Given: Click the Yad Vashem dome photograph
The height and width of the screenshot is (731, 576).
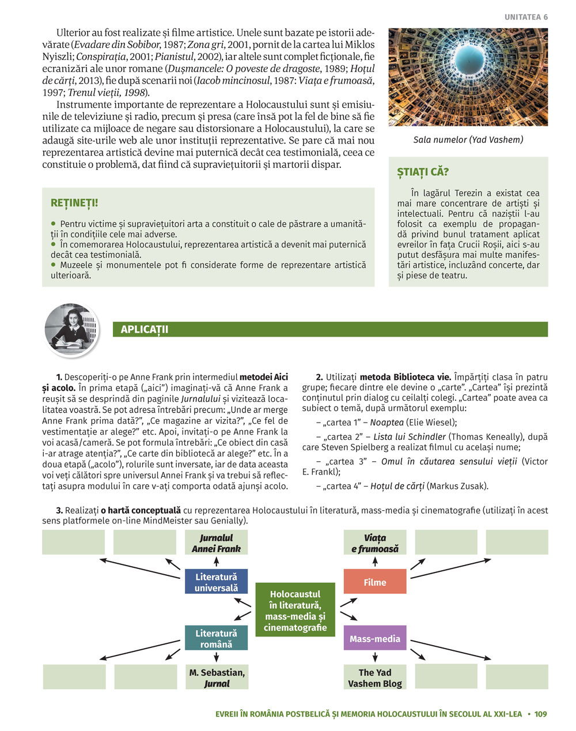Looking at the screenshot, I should pyautogui.click(x=468, y=77).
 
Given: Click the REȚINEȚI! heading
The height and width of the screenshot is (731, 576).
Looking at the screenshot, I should pyautogui.click(x=74, y=203).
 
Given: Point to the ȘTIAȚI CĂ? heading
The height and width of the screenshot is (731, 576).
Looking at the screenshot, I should pyautogui.click(x=423, y=172).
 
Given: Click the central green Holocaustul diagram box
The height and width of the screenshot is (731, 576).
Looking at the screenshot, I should pyautogui.click(x=295, y=611).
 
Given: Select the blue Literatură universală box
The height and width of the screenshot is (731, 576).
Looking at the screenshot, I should pyautogui.click(x=216, y=582).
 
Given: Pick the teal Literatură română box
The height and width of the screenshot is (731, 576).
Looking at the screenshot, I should pyautogui.click(x=216, y=639).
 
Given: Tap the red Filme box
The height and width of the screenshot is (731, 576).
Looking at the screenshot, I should pyautogui.click(x=375, y=582).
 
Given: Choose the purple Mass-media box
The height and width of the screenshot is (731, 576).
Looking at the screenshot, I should pyautogui.click(x=375, y=639).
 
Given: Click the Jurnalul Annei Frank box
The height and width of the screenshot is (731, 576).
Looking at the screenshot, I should pyautogui.click(x=216, y=543).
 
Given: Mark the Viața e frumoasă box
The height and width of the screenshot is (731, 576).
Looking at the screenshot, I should pyautogui.click(x=375, y=543).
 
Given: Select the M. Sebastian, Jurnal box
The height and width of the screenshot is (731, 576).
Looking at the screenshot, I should pyautogui.click(x=217, y=678).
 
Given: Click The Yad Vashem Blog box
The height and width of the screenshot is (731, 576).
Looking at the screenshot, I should pyautogui.click(x=375, y=678).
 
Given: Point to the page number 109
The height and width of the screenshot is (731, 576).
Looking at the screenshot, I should pyautogui.click(x=540, y=714).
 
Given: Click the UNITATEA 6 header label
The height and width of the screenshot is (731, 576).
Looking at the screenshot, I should pyautogui.click(x=526, y=17).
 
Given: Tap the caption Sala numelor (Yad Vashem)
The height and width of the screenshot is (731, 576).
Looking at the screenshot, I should pyautogui.click(x=468, y=140).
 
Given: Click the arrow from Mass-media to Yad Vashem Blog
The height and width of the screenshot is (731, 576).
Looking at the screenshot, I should pyautogui.click(x=375, y=657).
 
